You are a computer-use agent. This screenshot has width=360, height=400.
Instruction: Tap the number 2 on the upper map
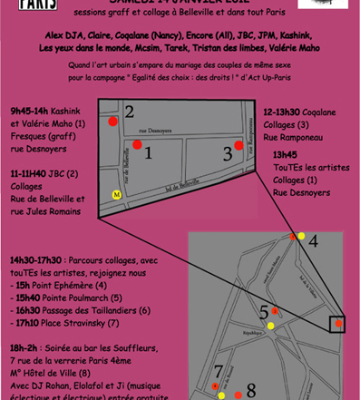tap(130, 112)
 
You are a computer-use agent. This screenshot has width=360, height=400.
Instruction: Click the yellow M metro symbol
tap(116, 194)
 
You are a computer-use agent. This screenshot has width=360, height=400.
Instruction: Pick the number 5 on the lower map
tap(265, 312)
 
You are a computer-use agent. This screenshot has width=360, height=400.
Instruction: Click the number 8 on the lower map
tap(251, 390)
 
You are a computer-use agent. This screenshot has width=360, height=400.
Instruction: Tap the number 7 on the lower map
tap(219, 372)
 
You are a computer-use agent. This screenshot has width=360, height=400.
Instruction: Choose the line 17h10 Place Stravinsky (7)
tap(65, 323)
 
